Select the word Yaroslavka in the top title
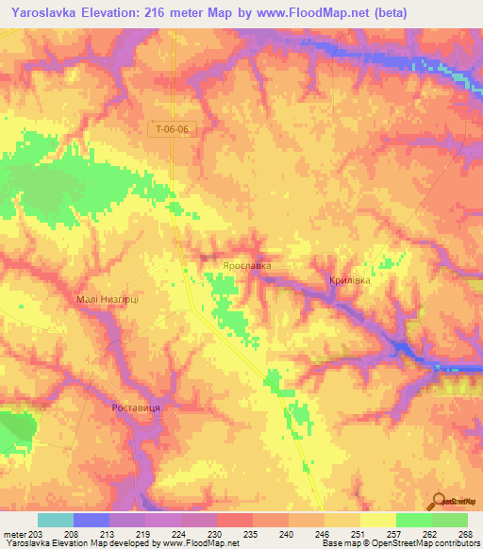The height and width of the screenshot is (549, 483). [43, 12]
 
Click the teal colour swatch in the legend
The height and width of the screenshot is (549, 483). [56, 520]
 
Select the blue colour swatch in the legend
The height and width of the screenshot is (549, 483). [92, 520]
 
